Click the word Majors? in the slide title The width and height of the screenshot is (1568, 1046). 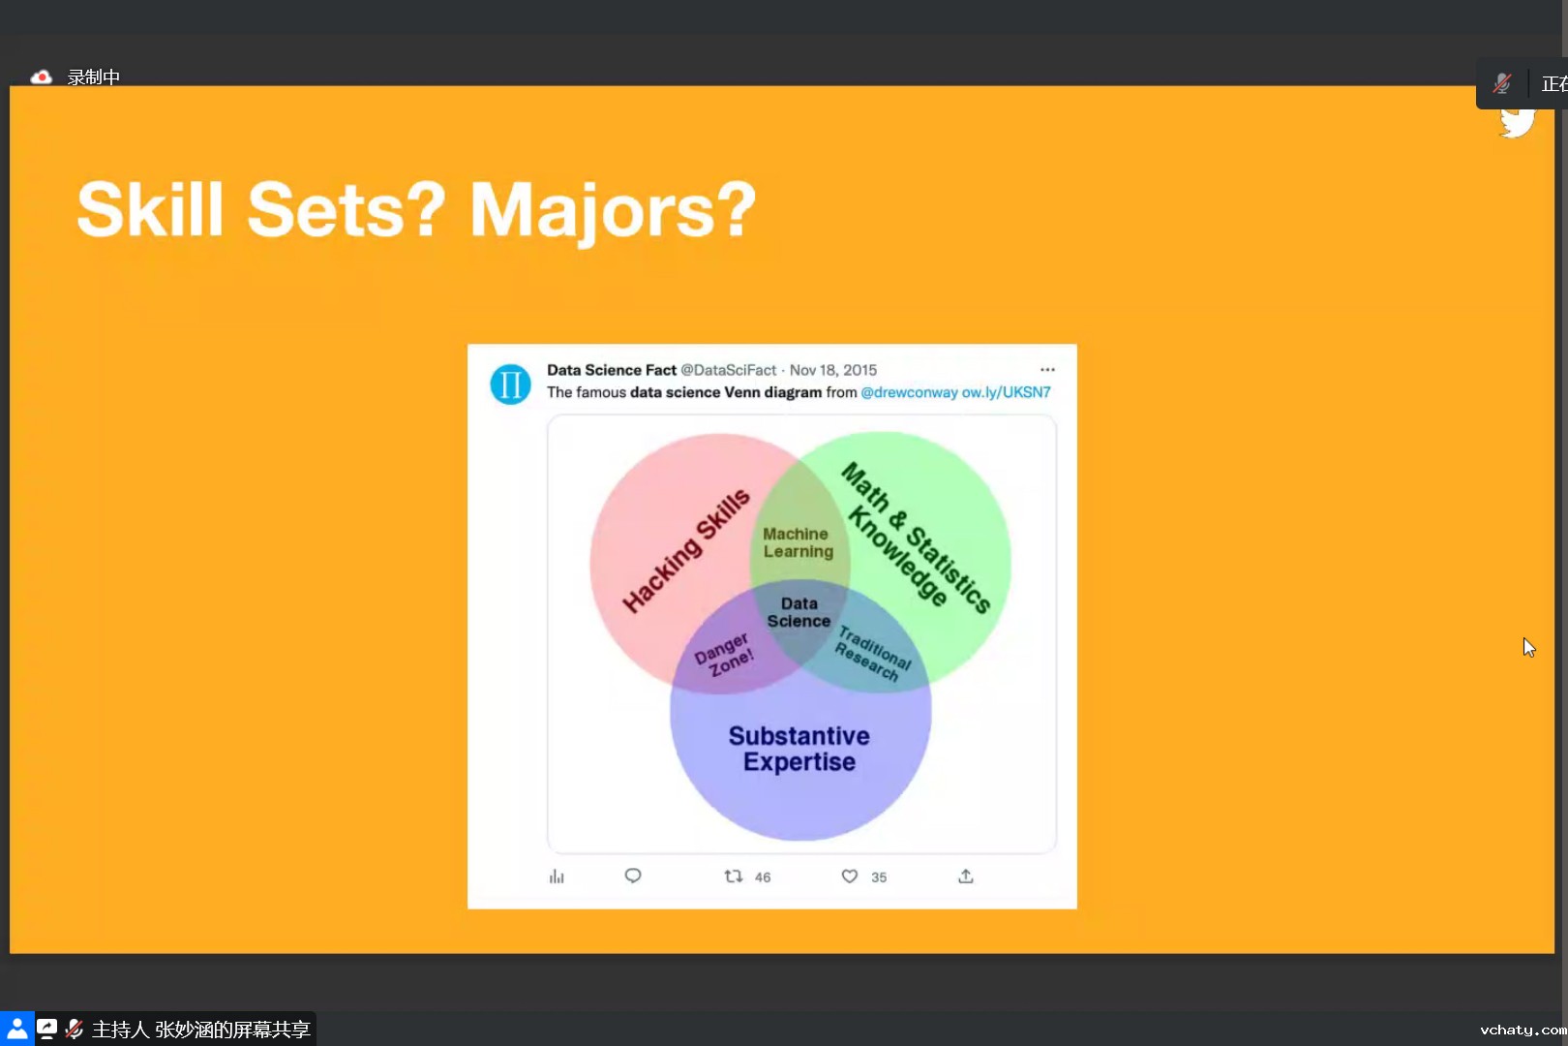[613, 210]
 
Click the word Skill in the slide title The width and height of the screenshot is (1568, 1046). [150, 209]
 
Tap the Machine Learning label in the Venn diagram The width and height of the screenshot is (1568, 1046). [798, 542]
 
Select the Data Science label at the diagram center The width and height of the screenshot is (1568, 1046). [799, 612]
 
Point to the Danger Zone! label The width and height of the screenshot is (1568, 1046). [725, 655]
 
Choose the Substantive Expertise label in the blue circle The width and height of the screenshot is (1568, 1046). [799, 749]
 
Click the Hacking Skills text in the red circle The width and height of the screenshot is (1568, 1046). [686, 551]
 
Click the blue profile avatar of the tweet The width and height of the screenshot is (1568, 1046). [509, 384]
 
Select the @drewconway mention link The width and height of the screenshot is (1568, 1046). [909, 392]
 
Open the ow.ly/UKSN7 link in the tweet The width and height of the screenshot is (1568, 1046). [1006, 392]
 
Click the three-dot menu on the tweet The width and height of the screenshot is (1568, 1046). [1047, 369]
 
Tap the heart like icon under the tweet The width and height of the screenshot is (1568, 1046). [849, 876]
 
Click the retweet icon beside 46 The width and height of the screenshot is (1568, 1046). [733, 876]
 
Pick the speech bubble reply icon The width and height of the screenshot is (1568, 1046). [633, 876]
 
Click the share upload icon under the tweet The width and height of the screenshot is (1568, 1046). [965, 876]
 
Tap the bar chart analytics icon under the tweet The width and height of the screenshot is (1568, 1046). [557, 877]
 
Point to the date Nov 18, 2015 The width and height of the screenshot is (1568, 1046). [833, 370]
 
